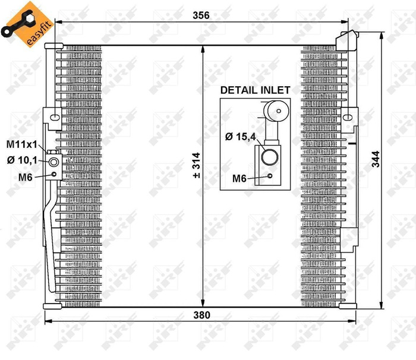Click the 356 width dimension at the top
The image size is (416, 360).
coord(201,15)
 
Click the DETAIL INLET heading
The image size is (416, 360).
coord(255,90)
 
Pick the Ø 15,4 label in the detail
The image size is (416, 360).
coord(240,137)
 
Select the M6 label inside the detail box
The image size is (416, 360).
coord(239,178)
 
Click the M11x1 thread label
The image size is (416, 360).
coord(22,144)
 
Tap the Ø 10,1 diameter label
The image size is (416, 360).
coord(22,159)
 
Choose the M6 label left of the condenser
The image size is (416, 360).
coord(25,175)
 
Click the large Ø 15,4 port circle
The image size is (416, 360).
coord(270,157)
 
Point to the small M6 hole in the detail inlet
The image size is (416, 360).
coord(270,176)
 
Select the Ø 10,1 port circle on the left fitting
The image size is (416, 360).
coord(54,163)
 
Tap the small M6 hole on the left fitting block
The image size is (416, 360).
coord(55,174)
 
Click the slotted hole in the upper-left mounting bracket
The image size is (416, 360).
coord(54,116)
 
